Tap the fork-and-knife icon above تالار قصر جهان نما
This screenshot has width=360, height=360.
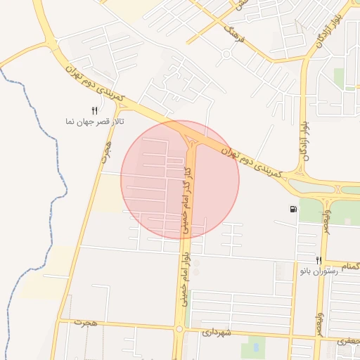point(95,110)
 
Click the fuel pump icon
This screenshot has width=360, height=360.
point(292,209)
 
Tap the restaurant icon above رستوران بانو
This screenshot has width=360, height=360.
point(319,260)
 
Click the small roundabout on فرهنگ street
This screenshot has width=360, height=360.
point(226,53)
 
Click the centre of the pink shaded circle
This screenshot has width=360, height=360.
point(180,179)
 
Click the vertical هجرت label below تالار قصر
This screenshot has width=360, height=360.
point(106,150)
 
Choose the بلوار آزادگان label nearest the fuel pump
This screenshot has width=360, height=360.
point(306,141)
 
